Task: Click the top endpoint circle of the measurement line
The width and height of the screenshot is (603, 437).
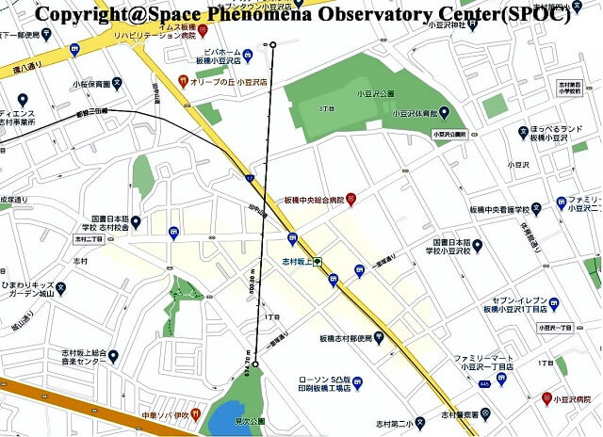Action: tap(273, 45)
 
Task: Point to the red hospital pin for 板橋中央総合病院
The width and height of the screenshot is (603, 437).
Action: tap(350, 199)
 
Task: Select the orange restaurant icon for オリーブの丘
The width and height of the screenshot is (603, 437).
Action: tap(184, 82)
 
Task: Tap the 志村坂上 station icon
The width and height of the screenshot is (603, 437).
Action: tap(318, 260)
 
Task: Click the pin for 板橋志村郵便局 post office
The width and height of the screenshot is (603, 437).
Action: tap(379, 337)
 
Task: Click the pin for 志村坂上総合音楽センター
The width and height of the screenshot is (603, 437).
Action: tap(113, 355)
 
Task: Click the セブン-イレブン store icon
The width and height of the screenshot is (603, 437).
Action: tap(554, 303)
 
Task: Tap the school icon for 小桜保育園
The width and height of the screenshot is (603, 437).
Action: tap(115, 83)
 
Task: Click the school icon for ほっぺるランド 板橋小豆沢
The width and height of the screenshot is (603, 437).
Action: tap(523, 132)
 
